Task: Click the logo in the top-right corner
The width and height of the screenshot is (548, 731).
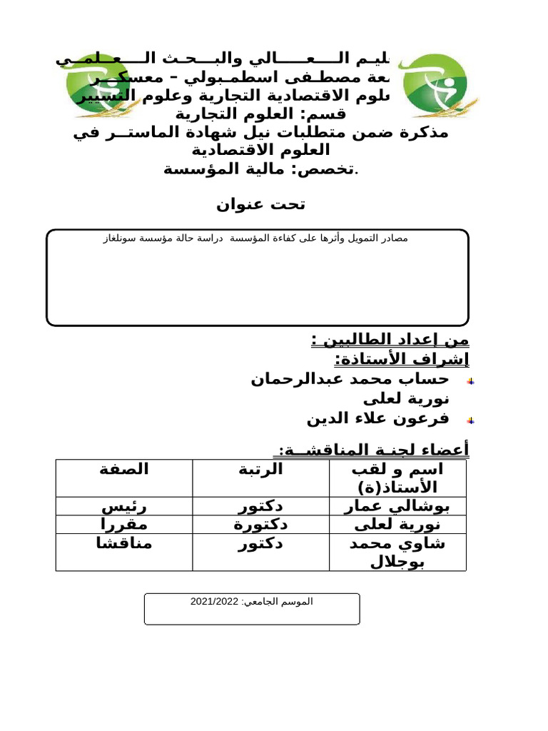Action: click(x=435, y=84)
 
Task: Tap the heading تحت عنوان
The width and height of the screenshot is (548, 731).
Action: click(x=260, y=205)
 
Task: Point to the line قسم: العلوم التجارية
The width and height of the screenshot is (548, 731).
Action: click(x=260, y=114)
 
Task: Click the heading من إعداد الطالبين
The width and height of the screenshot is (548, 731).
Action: click(x=390, y=339)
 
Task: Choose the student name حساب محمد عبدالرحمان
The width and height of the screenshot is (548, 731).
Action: click(x=350, y=378)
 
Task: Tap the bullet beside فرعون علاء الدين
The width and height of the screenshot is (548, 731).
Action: click(x=471, y=420)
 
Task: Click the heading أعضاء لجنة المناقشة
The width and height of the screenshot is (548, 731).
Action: click(x=371, y=450)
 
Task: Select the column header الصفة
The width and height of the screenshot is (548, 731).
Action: click(x=124, y=469)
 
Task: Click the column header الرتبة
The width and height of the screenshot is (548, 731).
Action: click(x=260, y=469)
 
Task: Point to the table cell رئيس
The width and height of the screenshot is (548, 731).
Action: click(x=124, y=507)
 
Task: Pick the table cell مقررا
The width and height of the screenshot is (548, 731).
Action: click(x=124, y=525)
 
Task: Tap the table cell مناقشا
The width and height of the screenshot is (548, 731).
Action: click(x=124, y=543)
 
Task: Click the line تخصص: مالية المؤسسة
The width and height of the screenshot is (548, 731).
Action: click(x=262, y=169)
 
